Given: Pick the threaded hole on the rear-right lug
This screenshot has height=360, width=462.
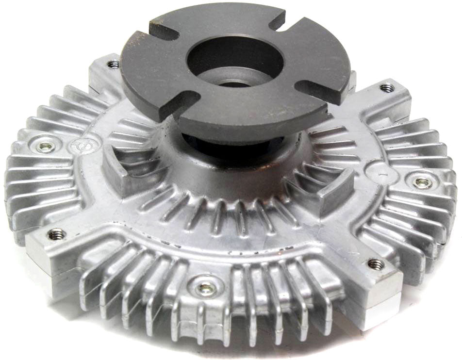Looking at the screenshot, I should (386, 88).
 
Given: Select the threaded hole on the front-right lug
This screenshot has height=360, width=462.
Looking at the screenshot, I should (376, 264).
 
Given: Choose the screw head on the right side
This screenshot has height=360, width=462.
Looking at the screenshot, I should (422, 182).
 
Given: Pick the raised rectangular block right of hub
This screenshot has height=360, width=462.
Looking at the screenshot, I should (335, 187).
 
